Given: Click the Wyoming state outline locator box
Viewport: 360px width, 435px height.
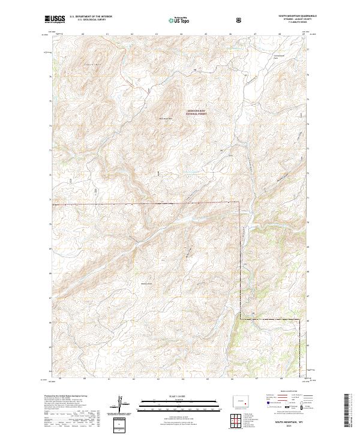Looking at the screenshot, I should (242, 400).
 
